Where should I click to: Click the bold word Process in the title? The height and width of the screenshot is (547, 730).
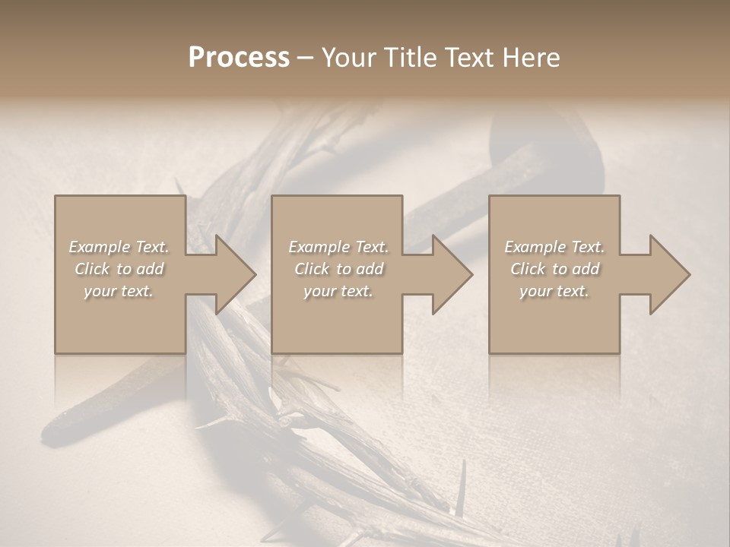point(239,58)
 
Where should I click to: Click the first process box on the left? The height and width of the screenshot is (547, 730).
point(120,319)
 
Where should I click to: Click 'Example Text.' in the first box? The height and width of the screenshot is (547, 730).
point(119,247)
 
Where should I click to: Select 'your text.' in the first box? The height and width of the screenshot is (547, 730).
point(119,291)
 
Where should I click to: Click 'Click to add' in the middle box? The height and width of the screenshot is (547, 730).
point(338,269)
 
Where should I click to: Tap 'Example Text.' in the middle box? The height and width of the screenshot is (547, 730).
point(338,247)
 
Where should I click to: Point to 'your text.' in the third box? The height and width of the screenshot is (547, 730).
point(554,291)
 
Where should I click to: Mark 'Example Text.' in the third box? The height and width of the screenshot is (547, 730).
point(554,247)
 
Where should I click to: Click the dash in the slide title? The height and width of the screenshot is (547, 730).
point(305,58)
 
